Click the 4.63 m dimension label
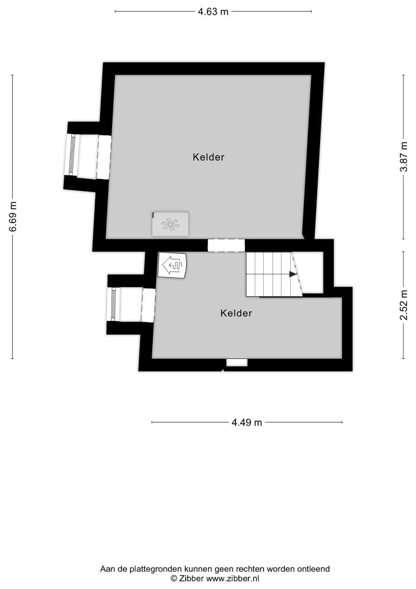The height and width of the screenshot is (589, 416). click(213, 12)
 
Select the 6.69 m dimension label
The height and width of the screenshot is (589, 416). click(13, 217)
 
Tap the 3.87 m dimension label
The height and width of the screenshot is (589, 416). click(403, 157)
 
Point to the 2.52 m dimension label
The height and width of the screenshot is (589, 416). click(403, 305)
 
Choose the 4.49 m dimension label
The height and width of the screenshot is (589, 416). click(246, 423)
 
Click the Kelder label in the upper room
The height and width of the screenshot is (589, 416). click(209, 157)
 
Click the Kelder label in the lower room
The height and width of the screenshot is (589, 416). click(236, 313)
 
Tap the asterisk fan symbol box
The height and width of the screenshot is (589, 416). click(170, 224)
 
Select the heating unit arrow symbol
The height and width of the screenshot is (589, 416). click(172, 265)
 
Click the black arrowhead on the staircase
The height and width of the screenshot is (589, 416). click(292, 274)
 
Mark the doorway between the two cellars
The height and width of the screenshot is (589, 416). click(226, 245)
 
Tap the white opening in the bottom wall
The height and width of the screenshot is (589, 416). click(237, 362)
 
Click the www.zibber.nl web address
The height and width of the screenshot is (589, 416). click(233, 579)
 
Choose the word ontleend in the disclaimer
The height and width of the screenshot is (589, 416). click(314, 569)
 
